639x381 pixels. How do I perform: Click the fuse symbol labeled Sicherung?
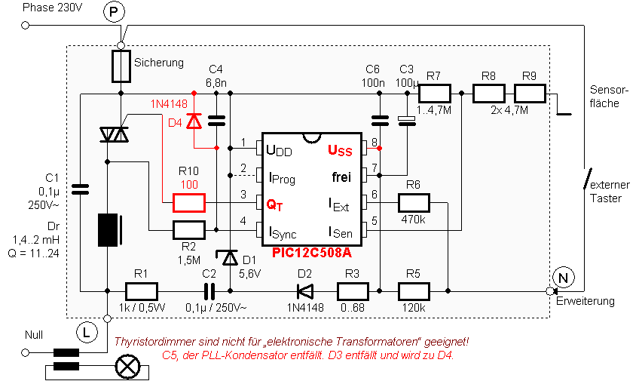(121, 66)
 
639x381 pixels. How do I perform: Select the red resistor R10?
(188, 202)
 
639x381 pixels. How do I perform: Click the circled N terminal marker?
(561, 278)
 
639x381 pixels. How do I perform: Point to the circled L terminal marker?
(85, 329)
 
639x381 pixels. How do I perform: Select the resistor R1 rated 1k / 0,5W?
(141, 290)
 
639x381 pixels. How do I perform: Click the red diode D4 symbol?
(194, 121)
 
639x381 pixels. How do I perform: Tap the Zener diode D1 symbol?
(230, 260)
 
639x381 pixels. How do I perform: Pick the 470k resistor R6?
(414, 202)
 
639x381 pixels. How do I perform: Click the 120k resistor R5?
(414, 290)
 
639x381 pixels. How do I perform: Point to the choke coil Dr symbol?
(107, 230)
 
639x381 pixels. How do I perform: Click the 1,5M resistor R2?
(188, 230)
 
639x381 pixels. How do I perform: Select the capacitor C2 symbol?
(208, 290)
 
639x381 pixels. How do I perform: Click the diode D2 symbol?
(304, 290)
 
